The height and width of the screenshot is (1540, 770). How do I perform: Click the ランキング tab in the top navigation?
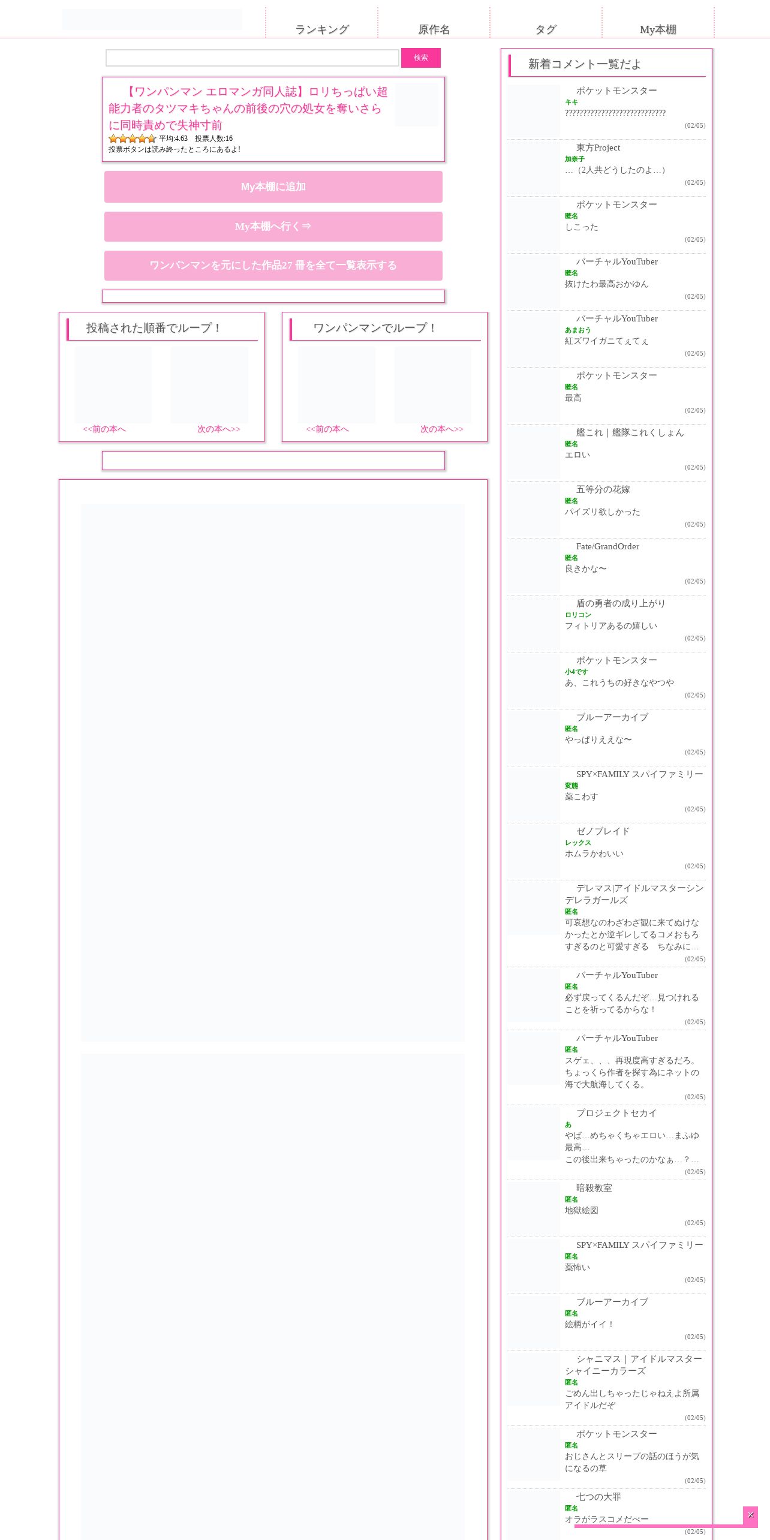coord(322,29)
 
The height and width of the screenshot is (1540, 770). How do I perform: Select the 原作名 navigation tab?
coord(434,29)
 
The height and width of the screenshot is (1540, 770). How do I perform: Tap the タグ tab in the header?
coord(546,29)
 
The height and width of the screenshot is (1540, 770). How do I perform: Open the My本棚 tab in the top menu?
coord(658,29)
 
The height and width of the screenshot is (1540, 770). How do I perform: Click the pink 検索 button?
coord(421,58)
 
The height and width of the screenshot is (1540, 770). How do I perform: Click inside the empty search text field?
coord(252,58)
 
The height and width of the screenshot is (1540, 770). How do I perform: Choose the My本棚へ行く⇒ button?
coord(273,227)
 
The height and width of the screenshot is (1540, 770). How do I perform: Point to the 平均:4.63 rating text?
coord(173,139)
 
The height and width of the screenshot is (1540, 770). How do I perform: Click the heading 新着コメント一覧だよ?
coord(585,64)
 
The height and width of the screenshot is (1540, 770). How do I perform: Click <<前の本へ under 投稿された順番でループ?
coord(104,429)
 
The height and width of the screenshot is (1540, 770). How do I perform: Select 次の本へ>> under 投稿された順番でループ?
coord(219,429)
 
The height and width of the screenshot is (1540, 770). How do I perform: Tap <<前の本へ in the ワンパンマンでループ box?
coord(327,429)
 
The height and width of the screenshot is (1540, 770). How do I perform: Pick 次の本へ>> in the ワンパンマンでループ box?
coord(442,429)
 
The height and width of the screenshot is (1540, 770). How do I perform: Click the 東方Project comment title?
coord(598,148)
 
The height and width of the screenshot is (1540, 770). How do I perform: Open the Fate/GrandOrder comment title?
coord(607,546)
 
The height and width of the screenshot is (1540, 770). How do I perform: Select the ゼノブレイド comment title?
coord(603,831)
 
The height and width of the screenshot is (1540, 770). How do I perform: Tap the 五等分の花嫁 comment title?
coord(603,489)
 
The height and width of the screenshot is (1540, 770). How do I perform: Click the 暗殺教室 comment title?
coord(594,1188)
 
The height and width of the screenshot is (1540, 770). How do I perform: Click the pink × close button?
coord(750,1515)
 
